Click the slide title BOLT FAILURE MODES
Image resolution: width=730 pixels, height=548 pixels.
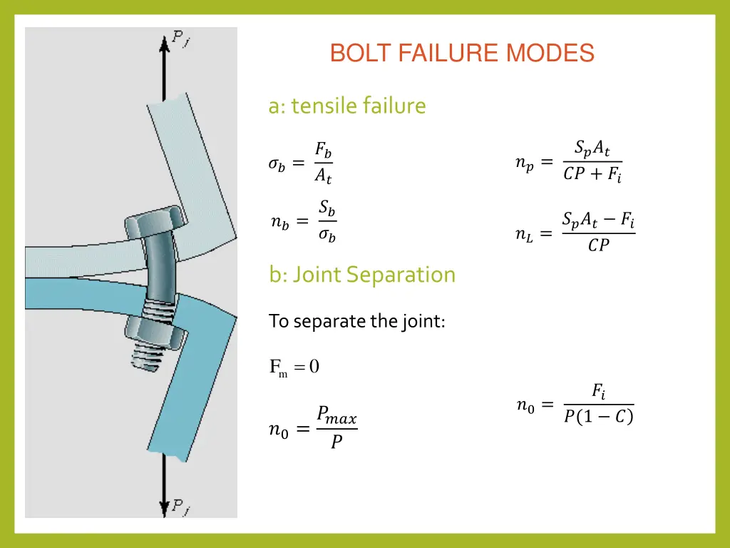[x=462, y=54]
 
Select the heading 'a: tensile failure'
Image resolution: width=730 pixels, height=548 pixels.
[x=347, y=106]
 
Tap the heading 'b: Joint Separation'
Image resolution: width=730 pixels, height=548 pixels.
[x=362, y=275]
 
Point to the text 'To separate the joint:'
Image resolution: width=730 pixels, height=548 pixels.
[x=357, y=321]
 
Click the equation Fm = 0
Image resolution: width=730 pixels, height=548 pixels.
[x=294, y=367]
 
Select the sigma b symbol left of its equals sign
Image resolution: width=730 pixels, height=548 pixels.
[x=277, y=164]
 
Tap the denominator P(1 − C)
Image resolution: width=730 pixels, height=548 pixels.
[x=598, y=417]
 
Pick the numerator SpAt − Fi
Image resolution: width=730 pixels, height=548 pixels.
[x=598, y=220]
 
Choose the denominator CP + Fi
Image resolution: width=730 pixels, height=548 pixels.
[x=592, y=175]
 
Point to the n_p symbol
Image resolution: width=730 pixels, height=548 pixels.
[x=524, y=163]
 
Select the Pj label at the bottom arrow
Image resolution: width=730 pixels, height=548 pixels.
[x=180, y=507]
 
